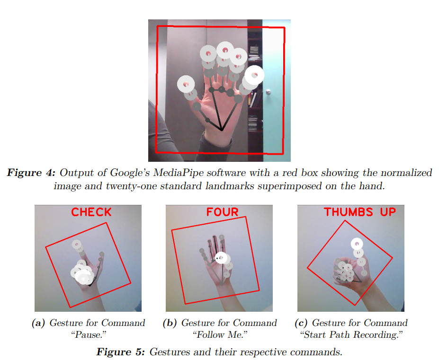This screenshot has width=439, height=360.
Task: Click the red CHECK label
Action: point(91,212)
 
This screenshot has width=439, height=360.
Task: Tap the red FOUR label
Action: point(222,212)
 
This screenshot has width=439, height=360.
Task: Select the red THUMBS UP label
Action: point(359,211)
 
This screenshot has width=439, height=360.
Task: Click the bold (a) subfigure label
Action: point(38,323)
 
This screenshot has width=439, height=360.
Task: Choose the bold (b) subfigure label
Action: point(170,323)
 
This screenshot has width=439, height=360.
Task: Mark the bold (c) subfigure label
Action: point(301,323)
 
